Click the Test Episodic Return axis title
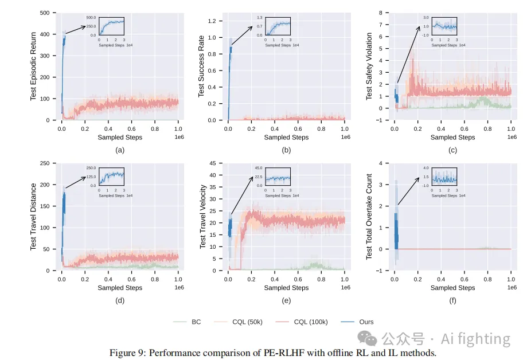click(33, 66)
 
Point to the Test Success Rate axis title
click(201, 66)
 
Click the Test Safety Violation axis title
click(369, 66)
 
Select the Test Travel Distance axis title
click(33, 216)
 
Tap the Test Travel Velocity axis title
click(202, 216)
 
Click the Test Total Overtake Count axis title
click(369, 216)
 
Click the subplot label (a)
click(120, 150)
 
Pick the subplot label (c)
click(452, 150)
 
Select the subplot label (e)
click(286, 300)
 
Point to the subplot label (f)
click(452, 300)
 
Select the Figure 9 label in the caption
click(128, 353)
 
